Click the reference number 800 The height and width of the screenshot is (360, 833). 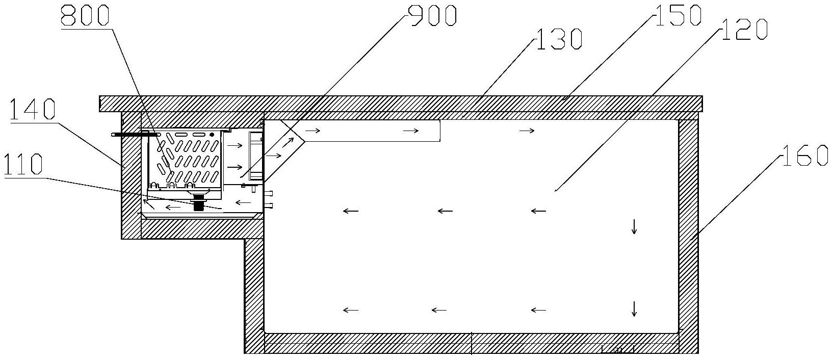coord(85,16)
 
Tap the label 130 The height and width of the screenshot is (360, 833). coord(559,39)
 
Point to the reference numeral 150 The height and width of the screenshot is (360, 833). coord(678,15)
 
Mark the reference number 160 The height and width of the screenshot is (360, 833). coord(805,156)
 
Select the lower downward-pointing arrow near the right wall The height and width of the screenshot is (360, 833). coord(634,308)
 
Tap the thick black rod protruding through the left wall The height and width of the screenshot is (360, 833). coord(130,135)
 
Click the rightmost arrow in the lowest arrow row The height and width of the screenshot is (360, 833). coord(538,310)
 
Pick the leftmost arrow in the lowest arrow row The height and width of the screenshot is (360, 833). coord(351,310)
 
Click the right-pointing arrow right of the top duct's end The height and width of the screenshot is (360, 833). coord(527,131)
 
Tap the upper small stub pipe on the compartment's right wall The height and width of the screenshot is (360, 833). coord(269,193)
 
